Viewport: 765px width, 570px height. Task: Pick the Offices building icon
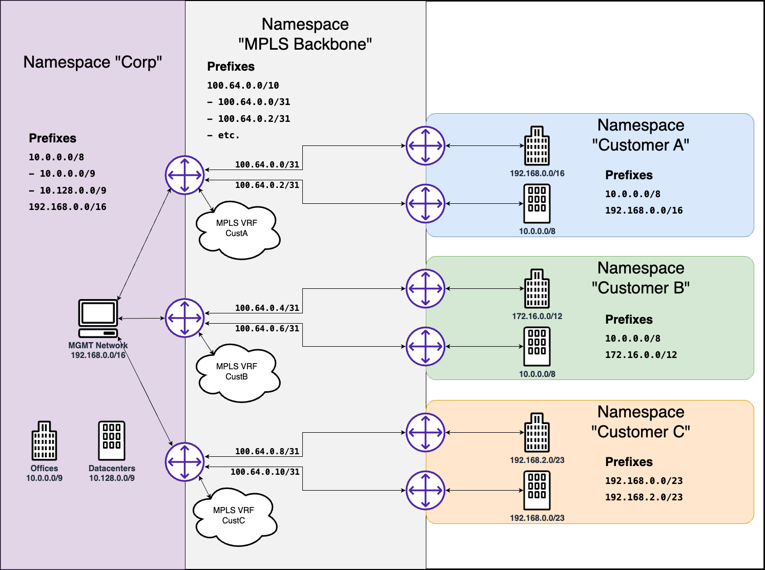coord(44,441)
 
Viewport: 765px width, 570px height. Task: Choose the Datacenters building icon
coord(112,441)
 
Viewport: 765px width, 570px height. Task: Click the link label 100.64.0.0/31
coord(267,165)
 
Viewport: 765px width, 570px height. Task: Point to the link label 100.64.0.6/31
coord(267,329)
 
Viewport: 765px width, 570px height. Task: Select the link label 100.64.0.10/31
coord(265,472)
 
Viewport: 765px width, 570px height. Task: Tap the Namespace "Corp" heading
coord(93,62)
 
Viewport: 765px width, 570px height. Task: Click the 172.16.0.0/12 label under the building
coord(537,316)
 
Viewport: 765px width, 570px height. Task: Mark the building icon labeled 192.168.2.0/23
coord(537,432)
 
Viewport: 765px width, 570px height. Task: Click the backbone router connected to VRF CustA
coord(184,175)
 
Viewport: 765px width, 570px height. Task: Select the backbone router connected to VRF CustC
coord(184,462)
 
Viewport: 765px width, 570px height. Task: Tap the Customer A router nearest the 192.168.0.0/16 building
coord(425,145)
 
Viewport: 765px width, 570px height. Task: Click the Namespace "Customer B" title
coord(640,278)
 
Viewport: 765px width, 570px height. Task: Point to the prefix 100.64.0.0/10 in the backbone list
coord(243,86)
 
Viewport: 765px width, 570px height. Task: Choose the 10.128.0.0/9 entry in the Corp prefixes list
coord(73,191)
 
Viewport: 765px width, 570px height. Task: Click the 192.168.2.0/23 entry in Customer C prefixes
coord(644,497)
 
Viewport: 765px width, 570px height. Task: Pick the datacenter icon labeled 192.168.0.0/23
coord(537,491)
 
